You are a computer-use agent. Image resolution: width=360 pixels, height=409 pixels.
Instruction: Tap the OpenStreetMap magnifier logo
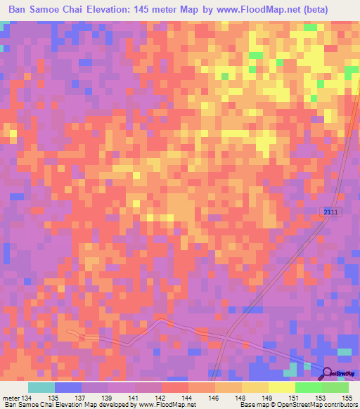point(327,373)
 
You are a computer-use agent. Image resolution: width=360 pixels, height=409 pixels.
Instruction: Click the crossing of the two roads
point(227,336)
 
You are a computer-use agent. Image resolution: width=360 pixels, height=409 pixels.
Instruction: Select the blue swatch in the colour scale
point(67,388)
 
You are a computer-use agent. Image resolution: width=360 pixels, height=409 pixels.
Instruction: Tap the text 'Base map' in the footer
point(253,405)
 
